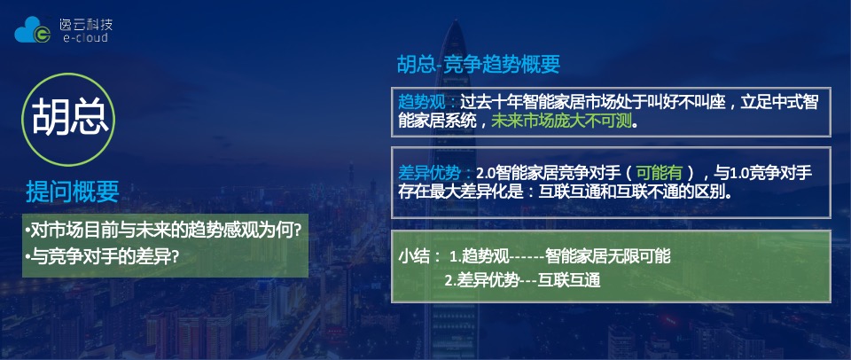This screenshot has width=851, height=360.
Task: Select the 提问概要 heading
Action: click(x=73, y=191)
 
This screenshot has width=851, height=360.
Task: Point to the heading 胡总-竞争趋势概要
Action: click(x=478, y=65)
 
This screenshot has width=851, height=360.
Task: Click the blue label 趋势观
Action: click(x=423, y=101)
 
